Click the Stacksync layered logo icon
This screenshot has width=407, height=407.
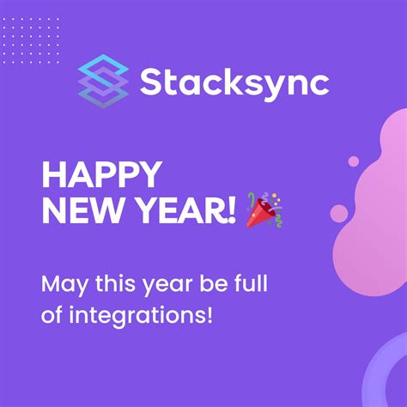[103, 80]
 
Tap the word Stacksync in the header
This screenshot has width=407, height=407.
[234, 83]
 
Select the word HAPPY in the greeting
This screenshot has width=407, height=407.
[100, 176]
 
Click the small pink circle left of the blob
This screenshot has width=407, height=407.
[340, 213]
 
